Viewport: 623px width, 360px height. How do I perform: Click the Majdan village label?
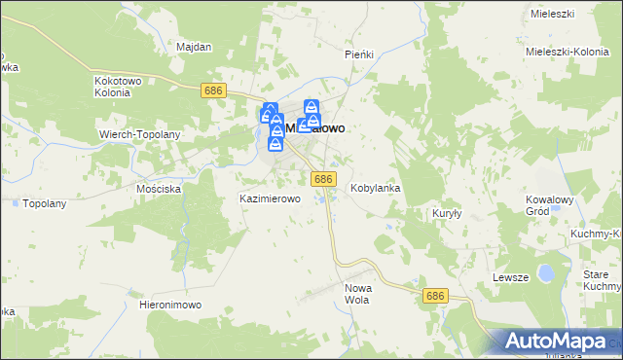pyautogui.click(x=194, y=46)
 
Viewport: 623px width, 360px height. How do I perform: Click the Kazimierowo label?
pyautogui.click(x=270, y=198)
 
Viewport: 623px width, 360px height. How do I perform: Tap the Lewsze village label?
pyautogui.click(x=510, y=277)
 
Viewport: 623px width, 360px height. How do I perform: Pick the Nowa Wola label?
pyautogui.click(x=359, y=294)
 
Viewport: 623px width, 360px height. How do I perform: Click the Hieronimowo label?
pyautogui.click(x=170, y=305)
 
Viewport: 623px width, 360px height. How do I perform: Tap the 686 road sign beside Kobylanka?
pyautogui.click(x=324, y=179)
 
